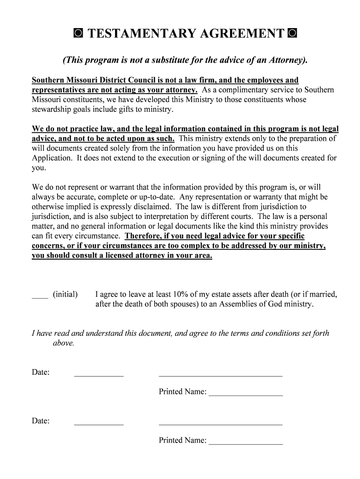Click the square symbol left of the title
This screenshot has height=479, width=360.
[x=78, y=34]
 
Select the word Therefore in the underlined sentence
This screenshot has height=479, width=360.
[x=142, y=236]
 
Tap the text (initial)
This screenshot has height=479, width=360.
[x=65, y=295]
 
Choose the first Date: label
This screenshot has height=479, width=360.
[x=41, y=372]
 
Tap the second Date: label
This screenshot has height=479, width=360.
[x=41, y=421]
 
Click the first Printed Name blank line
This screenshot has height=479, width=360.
[x=245, y=395]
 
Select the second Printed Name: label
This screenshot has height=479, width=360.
[x=182, y=441]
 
